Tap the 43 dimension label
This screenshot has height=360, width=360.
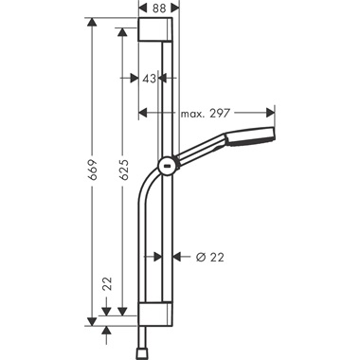click(150, 80)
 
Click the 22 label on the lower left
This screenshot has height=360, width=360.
click(107, 282)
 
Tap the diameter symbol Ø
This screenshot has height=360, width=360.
click(200, 257)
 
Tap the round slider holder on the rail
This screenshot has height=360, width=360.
click(166, 166)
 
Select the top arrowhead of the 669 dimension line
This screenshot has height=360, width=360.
click(93, 21)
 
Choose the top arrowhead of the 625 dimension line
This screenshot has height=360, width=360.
click(122, 31)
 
